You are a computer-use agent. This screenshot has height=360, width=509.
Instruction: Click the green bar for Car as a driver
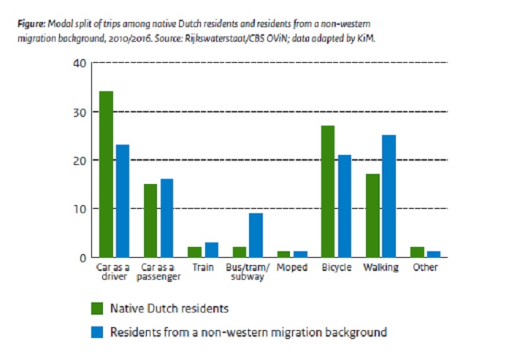(107, 174)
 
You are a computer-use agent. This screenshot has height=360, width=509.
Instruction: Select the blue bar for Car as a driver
(122, 201)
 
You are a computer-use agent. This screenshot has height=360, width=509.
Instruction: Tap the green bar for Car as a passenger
(150, 221)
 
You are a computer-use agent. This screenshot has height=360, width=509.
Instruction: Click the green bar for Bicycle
(328, 191)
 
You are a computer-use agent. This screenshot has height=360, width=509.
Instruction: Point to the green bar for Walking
(372, 215)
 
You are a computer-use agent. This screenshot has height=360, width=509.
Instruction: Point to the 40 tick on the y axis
(79, 64)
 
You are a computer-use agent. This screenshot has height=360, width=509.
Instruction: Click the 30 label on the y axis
(79, 112)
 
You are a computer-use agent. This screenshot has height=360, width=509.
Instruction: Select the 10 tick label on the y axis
(79, 209)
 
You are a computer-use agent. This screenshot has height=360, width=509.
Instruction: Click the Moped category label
(291, 268)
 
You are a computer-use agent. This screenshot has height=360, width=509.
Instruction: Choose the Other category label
(424, 268)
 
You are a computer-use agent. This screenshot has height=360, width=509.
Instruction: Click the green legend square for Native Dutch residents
(96, 307)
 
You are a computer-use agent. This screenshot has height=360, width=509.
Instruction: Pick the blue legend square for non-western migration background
(96, 332)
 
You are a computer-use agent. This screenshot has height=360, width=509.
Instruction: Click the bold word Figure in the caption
(30, 23)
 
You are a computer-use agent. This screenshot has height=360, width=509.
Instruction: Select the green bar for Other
(416, 252)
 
